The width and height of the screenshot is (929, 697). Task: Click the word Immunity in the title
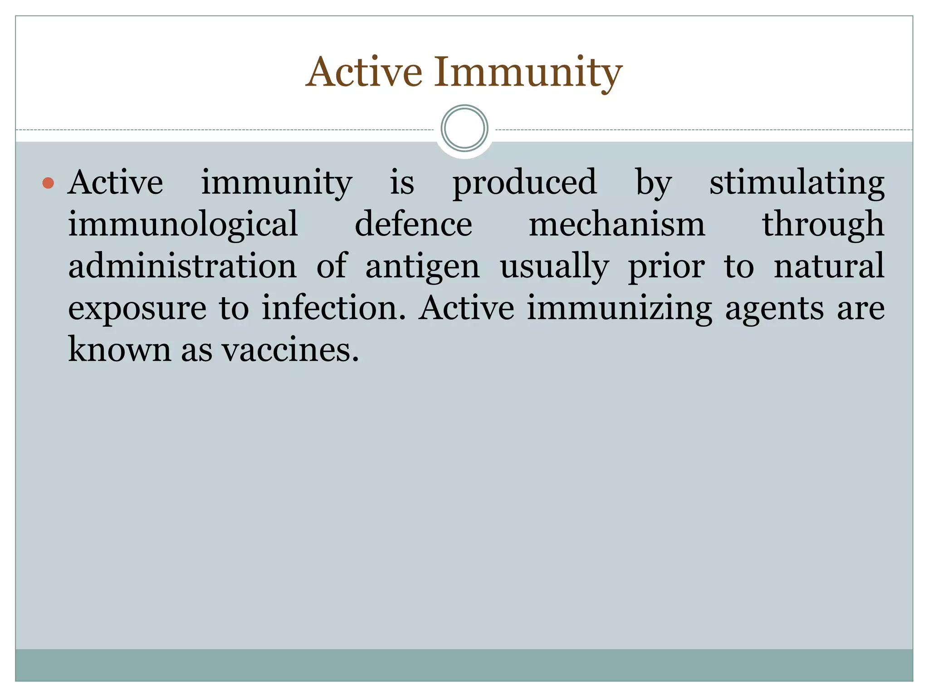(528, 73)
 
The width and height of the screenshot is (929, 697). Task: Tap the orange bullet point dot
(48, 183)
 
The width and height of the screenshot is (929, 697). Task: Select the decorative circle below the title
(464, 128)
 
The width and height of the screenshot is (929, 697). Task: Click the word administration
(182, 266)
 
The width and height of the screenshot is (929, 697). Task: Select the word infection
(333, 309)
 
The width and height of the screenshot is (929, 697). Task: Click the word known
(119, 350)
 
